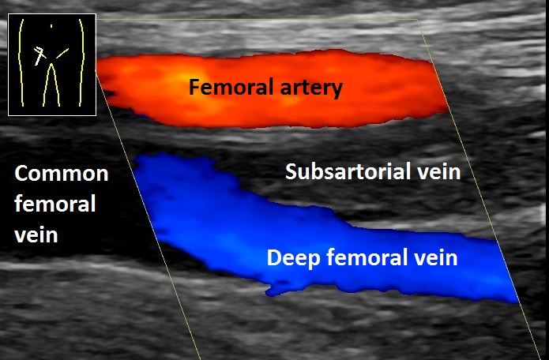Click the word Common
(x=62, y=174)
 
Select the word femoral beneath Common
(x=55, y=203)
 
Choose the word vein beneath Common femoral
(x=36, y=234)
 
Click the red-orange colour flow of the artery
(x=272, y=89)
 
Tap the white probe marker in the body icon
(x=40, y=56)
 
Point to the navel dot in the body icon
(x=51, y=26)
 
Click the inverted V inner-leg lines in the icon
(x=51, y=84)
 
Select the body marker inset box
(x=52, y=65)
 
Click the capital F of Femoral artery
(x=194, y=87)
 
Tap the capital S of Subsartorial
(x=291, y=171)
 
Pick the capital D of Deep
(x=274, y=258)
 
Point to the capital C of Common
(x=21, y=174)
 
